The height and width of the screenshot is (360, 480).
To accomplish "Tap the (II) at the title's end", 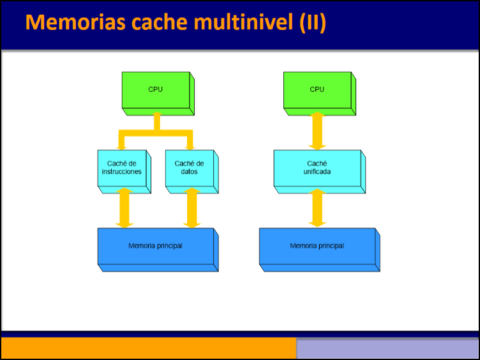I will coord(311,22).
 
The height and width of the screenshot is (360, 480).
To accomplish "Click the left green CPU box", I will coord(156,90).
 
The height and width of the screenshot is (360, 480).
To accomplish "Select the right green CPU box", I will coord(317,90).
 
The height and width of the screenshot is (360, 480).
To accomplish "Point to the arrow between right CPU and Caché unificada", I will coord(317,132).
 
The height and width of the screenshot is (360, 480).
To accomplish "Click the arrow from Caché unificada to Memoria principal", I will coord(317,208).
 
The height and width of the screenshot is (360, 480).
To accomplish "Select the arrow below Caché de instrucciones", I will coord(124,208).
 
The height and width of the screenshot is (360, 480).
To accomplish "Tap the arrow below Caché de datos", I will coord(191,208).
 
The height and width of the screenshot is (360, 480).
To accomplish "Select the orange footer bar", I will coord(148,349).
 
